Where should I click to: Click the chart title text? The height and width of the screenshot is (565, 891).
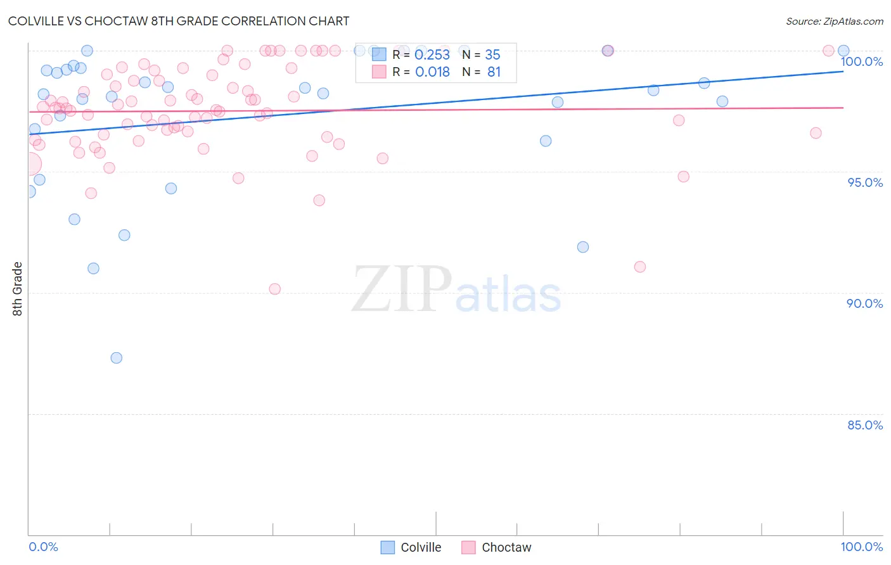click(x=179, y=21)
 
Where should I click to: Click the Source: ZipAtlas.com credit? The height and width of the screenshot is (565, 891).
click(x=834, y=21)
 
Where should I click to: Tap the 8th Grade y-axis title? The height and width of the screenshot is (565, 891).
click(x=17, y=289)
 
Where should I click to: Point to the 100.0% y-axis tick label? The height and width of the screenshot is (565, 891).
click(x=861, y=61)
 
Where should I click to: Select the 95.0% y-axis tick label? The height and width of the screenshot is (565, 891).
click(x=865, y=182)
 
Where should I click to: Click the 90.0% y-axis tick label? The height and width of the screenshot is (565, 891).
click(x=864, y=303)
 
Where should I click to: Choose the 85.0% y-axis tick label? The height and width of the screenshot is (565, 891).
click(x=865, y=425)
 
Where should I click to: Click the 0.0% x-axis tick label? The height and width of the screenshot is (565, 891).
click(x=43, y=547)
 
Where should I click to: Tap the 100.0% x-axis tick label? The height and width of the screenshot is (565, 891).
click(x=861, y=547)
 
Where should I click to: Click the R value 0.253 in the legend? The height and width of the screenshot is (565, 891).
click(x=432, y=55)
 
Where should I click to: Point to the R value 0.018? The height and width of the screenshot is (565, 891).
click(x=432, y=72)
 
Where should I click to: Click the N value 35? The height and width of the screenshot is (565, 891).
click(x=492, y=55)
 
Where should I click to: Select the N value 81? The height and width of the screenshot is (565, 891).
click(x=494, y=72)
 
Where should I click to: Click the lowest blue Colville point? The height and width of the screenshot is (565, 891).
click(x=116, y=358)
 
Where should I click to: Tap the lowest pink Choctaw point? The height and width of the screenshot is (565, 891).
click(x=274, y=289)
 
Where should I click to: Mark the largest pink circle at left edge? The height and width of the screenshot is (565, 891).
click(x=29, y=164)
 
